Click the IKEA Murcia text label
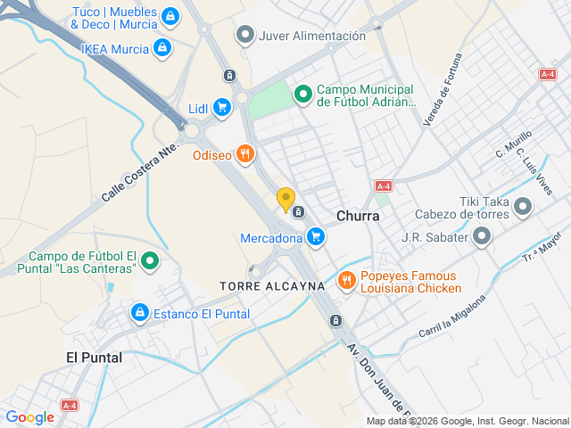[114, 48]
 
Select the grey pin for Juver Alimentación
[245, 36]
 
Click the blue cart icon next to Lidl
[222, 109]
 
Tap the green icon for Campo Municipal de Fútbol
[303, 92]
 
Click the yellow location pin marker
[285, 200]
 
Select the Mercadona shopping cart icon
[315, 237]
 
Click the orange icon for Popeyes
[347, 282]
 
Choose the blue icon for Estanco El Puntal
[139, 313]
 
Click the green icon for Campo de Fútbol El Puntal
[151, 261]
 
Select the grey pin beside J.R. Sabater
[482, 237]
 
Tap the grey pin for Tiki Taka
[524, 208]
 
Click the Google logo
[29, 416]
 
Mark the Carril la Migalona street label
[452, 317]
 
